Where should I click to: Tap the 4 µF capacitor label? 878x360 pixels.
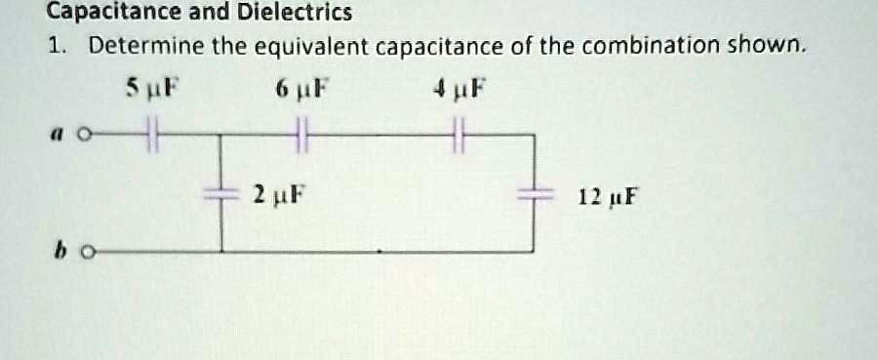point(459,94)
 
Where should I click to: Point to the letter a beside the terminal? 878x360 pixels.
point(60,134)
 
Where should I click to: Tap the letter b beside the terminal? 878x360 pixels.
point(60,252)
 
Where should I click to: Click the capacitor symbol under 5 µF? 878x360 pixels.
point(150,134)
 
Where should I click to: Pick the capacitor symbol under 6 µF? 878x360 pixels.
point(302,134)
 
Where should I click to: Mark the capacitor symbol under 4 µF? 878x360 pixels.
point(460,134)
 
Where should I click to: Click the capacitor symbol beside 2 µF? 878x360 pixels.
point(221,193)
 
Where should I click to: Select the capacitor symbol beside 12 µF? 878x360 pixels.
point(534,193)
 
